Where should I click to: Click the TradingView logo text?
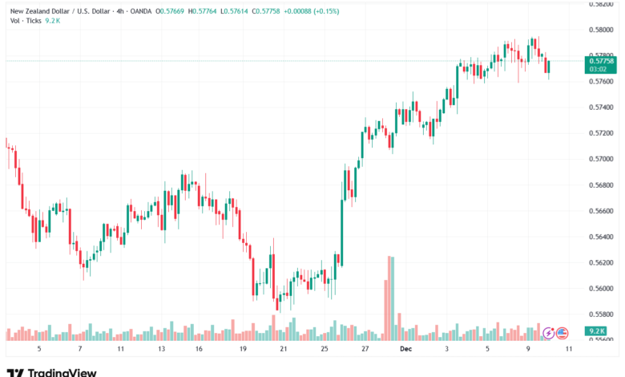point(62,371)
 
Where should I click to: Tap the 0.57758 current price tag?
point(601,61)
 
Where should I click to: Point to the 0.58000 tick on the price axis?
point(601,30)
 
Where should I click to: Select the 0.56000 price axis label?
point(601,289)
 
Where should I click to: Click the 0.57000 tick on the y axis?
point(601,159)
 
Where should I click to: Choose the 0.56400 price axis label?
point(601,237)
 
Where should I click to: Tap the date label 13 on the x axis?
point(161,350)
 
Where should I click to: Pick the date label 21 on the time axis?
point(283,350)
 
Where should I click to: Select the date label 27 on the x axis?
point(365,350)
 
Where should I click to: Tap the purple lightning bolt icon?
point(549,332)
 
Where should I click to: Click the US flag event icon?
point(562,332)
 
